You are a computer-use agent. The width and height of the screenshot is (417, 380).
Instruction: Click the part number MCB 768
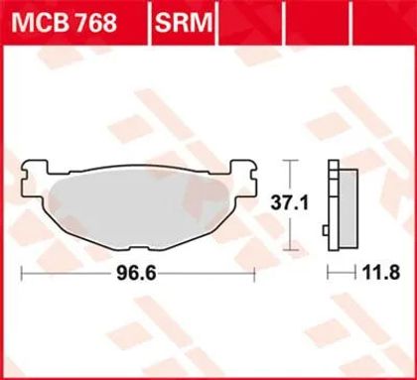coord(64,22)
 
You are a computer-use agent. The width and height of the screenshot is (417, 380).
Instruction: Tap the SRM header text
coord(184,22)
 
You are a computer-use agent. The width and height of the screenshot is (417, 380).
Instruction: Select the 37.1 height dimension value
coord(290,202)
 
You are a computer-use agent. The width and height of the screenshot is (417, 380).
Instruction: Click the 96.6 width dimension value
coord(136,273)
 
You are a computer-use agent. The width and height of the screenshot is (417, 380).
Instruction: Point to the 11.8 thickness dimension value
coord(381,273)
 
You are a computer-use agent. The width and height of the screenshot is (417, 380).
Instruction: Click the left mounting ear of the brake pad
coord(34,178)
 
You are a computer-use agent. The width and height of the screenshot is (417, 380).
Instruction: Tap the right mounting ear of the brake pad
coord(243,178)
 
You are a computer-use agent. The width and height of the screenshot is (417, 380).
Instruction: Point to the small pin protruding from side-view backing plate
coord(326,230)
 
